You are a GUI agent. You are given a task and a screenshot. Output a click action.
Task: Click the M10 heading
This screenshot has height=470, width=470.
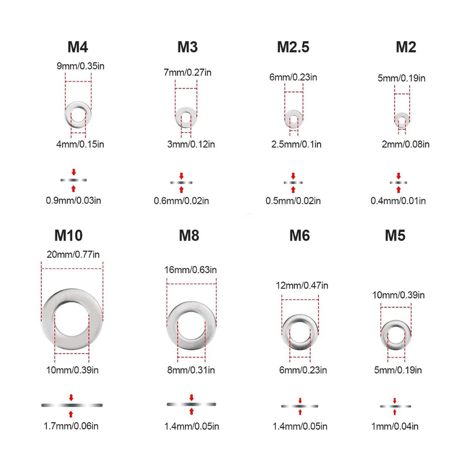[x=68, y=235]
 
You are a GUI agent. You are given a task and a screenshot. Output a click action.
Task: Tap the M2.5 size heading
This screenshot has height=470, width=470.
[x=293, y=47]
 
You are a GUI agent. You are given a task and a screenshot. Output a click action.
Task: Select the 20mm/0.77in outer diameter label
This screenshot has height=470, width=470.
[x=73, y=254]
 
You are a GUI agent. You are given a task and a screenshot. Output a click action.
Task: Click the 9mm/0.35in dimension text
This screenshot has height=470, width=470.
[x=80, y=66]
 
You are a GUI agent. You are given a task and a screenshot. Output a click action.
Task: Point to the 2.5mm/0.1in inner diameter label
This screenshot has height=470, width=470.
[x=296, y=145]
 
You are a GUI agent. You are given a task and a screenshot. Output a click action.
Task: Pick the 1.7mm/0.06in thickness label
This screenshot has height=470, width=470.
[x=71, y=426]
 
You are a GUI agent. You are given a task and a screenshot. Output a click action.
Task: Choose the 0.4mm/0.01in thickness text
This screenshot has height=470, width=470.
[x=398, y=201]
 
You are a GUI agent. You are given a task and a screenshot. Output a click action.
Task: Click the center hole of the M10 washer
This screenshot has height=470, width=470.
[x=72, y=319]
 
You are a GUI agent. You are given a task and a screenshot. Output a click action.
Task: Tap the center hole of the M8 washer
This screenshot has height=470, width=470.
[x=191, y=326]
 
